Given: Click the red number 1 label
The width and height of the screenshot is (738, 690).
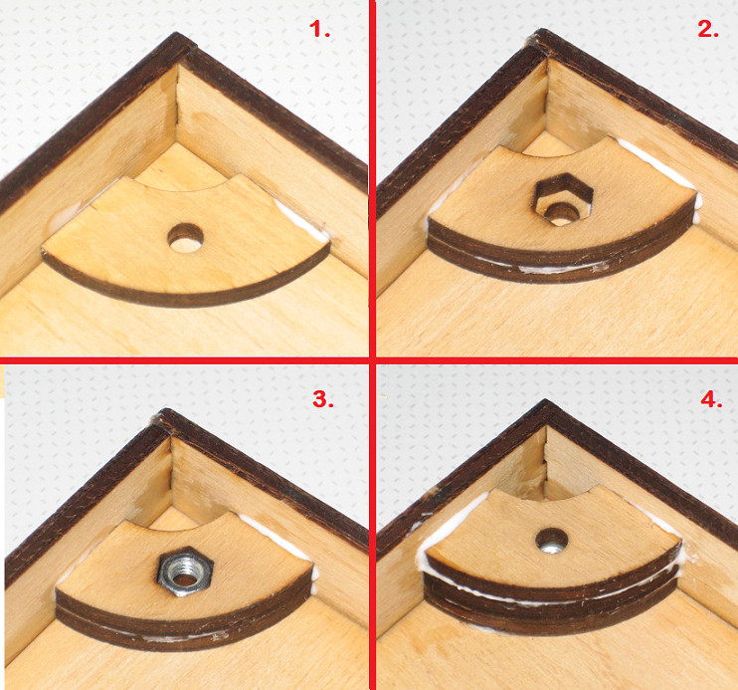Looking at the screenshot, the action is coord(319,29).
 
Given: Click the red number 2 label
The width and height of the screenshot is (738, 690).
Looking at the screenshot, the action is coord(708,29).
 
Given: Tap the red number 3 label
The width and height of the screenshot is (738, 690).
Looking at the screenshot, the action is coord(323,399).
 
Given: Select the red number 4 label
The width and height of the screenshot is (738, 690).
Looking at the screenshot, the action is coord(711,399).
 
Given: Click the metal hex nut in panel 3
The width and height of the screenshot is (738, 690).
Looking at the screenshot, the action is coord(185,571).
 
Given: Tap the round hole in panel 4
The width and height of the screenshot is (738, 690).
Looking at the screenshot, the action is coord(552,541).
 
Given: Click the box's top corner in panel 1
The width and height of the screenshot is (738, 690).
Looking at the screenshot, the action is coord(177,33).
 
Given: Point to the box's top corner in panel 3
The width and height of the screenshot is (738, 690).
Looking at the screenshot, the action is coord(165,410).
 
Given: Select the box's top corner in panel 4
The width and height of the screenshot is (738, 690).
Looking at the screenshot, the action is coord(545,400).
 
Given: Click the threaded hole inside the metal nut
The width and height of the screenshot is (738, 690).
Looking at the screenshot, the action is coord(184,572).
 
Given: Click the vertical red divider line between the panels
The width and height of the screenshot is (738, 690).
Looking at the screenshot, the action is coord(372,345).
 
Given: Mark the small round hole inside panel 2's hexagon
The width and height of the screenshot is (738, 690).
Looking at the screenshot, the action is coord(560,213).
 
